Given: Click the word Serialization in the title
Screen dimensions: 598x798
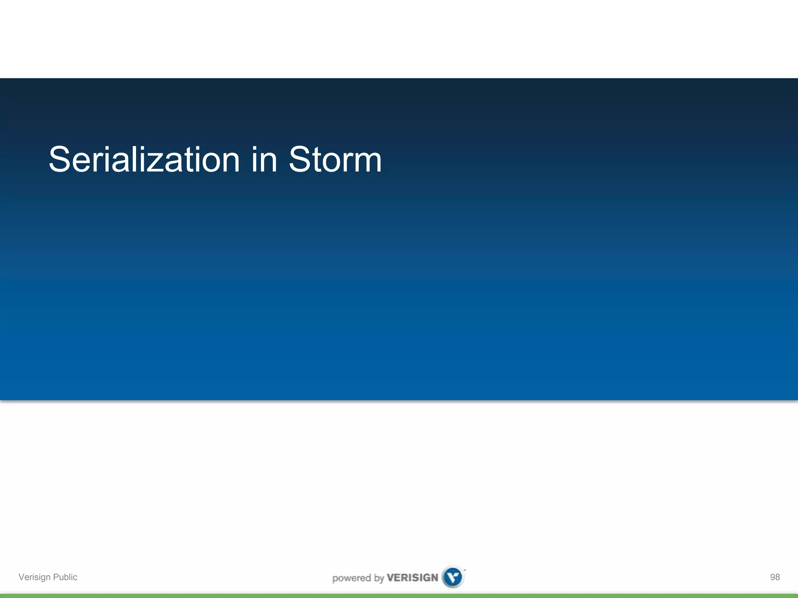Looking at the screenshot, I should pos(144,160).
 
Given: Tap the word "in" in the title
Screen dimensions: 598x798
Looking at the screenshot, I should pos(264,160).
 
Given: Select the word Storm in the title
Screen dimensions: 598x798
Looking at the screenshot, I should pos(335,160).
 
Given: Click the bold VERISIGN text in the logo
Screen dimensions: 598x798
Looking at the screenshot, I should pos(412,578).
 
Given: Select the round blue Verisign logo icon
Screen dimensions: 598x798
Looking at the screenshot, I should pos(453,577).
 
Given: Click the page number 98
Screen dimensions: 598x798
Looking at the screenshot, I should pos(775,577).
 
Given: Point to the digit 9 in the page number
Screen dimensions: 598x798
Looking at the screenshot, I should pos(773,577).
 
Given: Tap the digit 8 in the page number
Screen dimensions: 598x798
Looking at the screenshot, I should pos(777,577).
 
